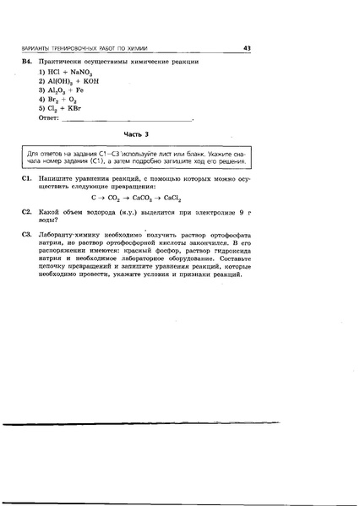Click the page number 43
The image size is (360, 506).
point(247,48)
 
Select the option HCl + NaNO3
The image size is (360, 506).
point(61,74)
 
